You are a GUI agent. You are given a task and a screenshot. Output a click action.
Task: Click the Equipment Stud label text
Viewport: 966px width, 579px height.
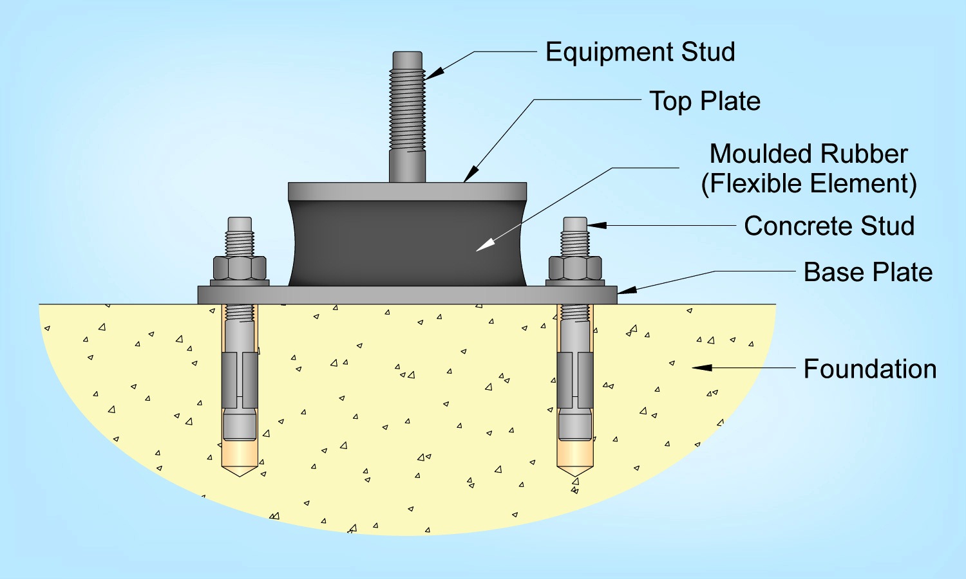click(x=640, y=52)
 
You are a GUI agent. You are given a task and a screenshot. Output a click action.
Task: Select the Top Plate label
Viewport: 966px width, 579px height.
click(x=705, y=101)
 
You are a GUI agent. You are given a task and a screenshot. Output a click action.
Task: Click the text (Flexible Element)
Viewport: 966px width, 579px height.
click(x=808, y=184)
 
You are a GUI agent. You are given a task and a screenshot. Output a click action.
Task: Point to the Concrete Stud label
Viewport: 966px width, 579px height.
click(x=829, y=226)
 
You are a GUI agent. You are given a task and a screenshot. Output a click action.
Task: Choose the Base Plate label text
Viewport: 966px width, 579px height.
click(x=867, y=272)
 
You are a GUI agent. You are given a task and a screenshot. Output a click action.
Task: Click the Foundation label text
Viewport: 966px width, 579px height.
click(x=869, y=369)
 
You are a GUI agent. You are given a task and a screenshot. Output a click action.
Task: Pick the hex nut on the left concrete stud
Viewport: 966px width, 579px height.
click(x=240, y=268)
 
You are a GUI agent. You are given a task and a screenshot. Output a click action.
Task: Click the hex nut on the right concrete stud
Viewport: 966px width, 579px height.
click(x=575, y=268)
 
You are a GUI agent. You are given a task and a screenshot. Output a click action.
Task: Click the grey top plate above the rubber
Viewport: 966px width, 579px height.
click(x=407, y=191)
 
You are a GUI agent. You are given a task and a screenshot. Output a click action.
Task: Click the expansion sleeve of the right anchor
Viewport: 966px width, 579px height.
click(x=575, y=380)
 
